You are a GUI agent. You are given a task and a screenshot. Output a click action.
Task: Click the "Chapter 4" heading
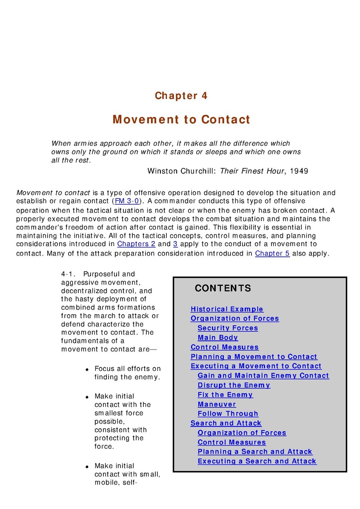click(x=181, y=96)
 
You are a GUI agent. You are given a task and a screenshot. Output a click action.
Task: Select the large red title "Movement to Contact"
click(x=181, y=119)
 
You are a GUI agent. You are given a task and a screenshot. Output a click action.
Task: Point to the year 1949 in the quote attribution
click(x=299, y=171)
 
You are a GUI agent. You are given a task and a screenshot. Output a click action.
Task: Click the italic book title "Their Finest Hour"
click(x=252, y=171)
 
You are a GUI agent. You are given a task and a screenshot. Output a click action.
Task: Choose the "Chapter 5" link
click(x=272, y=253)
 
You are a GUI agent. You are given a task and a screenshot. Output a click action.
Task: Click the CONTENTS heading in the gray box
click(x=223, y=288)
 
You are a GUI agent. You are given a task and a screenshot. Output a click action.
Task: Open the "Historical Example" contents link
click(x=227, y=309)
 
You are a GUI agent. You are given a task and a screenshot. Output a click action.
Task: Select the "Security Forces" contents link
click(x=228, y=328)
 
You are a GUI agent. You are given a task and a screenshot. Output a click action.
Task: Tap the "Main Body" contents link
click(x=218, y=338)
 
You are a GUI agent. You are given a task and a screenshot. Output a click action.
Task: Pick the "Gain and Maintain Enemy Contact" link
click(x=263, y=376)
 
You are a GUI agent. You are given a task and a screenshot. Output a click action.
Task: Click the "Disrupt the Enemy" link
click(x=234, y=385)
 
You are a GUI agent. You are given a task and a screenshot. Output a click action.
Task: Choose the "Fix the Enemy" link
click(x=225, y=395)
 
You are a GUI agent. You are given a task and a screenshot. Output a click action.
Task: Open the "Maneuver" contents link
click(x=217, y=404)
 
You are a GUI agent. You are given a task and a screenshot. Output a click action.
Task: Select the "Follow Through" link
click(x=228, y=414)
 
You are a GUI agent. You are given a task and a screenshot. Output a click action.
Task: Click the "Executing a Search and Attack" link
click(x=257, y=461)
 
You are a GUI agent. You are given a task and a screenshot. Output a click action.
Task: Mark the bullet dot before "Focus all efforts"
click(x=87, y=370)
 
